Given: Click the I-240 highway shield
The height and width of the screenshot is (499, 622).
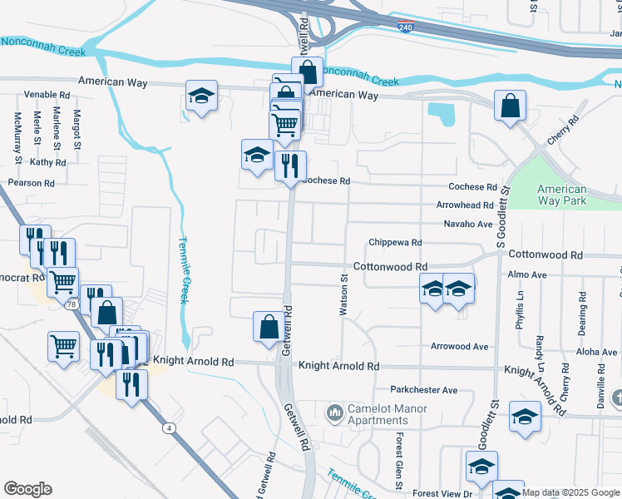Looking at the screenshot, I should (x=406, y=27).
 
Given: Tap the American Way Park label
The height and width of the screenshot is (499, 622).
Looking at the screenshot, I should (x=562, y=195).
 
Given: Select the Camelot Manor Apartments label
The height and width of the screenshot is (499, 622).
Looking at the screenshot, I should (x=376, y=414).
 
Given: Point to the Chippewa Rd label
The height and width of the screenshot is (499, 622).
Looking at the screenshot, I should (x=395, y=243).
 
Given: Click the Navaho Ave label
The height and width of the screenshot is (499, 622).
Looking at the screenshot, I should (x=468, y=225).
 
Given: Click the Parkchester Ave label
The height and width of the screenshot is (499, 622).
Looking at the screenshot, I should (x=424, y=390).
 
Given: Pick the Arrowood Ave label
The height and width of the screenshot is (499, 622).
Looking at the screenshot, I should (x=459, y=347).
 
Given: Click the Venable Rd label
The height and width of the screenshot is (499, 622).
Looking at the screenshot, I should (x=47, y=95).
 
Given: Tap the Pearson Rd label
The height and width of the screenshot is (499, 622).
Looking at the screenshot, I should (x=31, y=183).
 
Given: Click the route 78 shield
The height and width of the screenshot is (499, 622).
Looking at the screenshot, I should (x=72, y=305).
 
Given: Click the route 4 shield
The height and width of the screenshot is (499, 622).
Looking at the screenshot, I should (x=170, y=427).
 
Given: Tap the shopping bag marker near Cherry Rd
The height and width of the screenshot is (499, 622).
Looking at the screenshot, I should (x=510, y=106).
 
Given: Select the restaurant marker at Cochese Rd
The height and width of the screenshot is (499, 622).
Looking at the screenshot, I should (x=290, y=166).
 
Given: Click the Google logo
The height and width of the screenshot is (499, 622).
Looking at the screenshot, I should (x=27, y=489).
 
